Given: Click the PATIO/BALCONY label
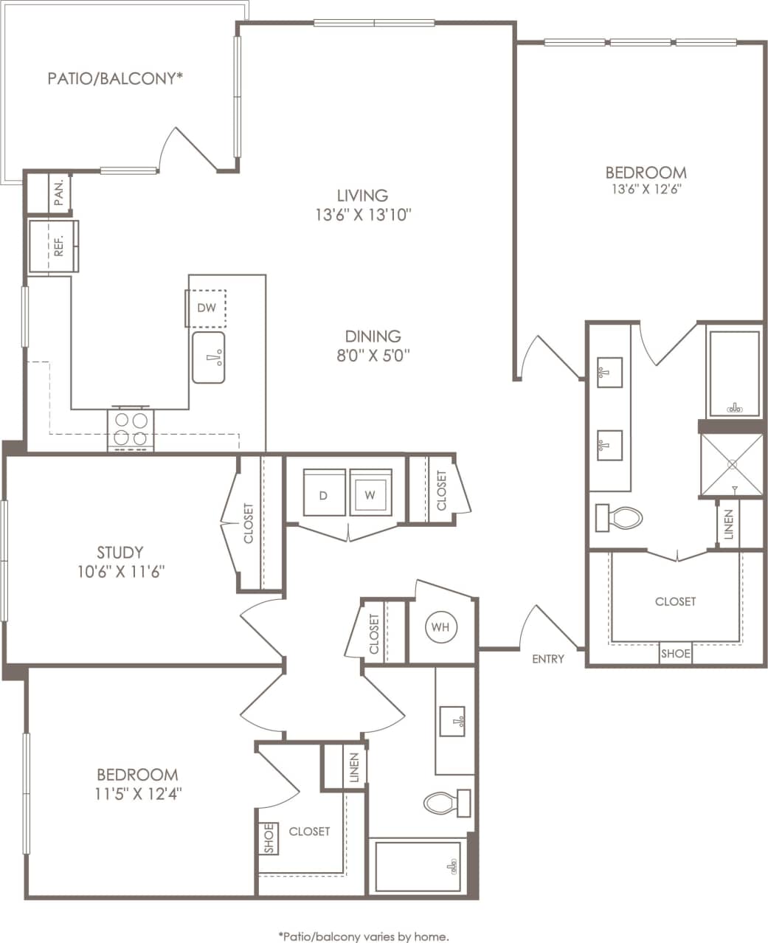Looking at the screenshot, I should (115, 78).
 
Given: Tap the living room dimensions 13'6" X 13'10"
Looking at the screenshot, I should (362, 215).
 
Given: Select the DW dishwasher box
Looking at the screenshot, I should (206, 308).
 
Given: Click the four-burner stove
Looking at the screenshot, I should (131, 429).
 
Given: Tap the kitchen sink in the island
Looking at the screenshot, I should (209, 358).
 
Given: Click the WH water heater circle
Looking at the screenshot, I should (441, 627).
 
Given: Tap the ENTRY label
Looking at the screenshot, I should (548, 659).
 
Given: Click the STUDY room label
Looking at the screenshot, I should (120, 552).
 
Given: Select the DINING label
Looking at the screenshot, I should (373, 336).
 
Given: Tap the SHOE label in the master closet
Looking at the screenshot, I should (675, 654).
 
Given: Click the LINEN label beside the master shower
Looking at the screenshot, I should (729, 524).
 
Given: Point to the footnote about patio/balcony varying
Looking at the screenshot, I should (363, 936).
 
